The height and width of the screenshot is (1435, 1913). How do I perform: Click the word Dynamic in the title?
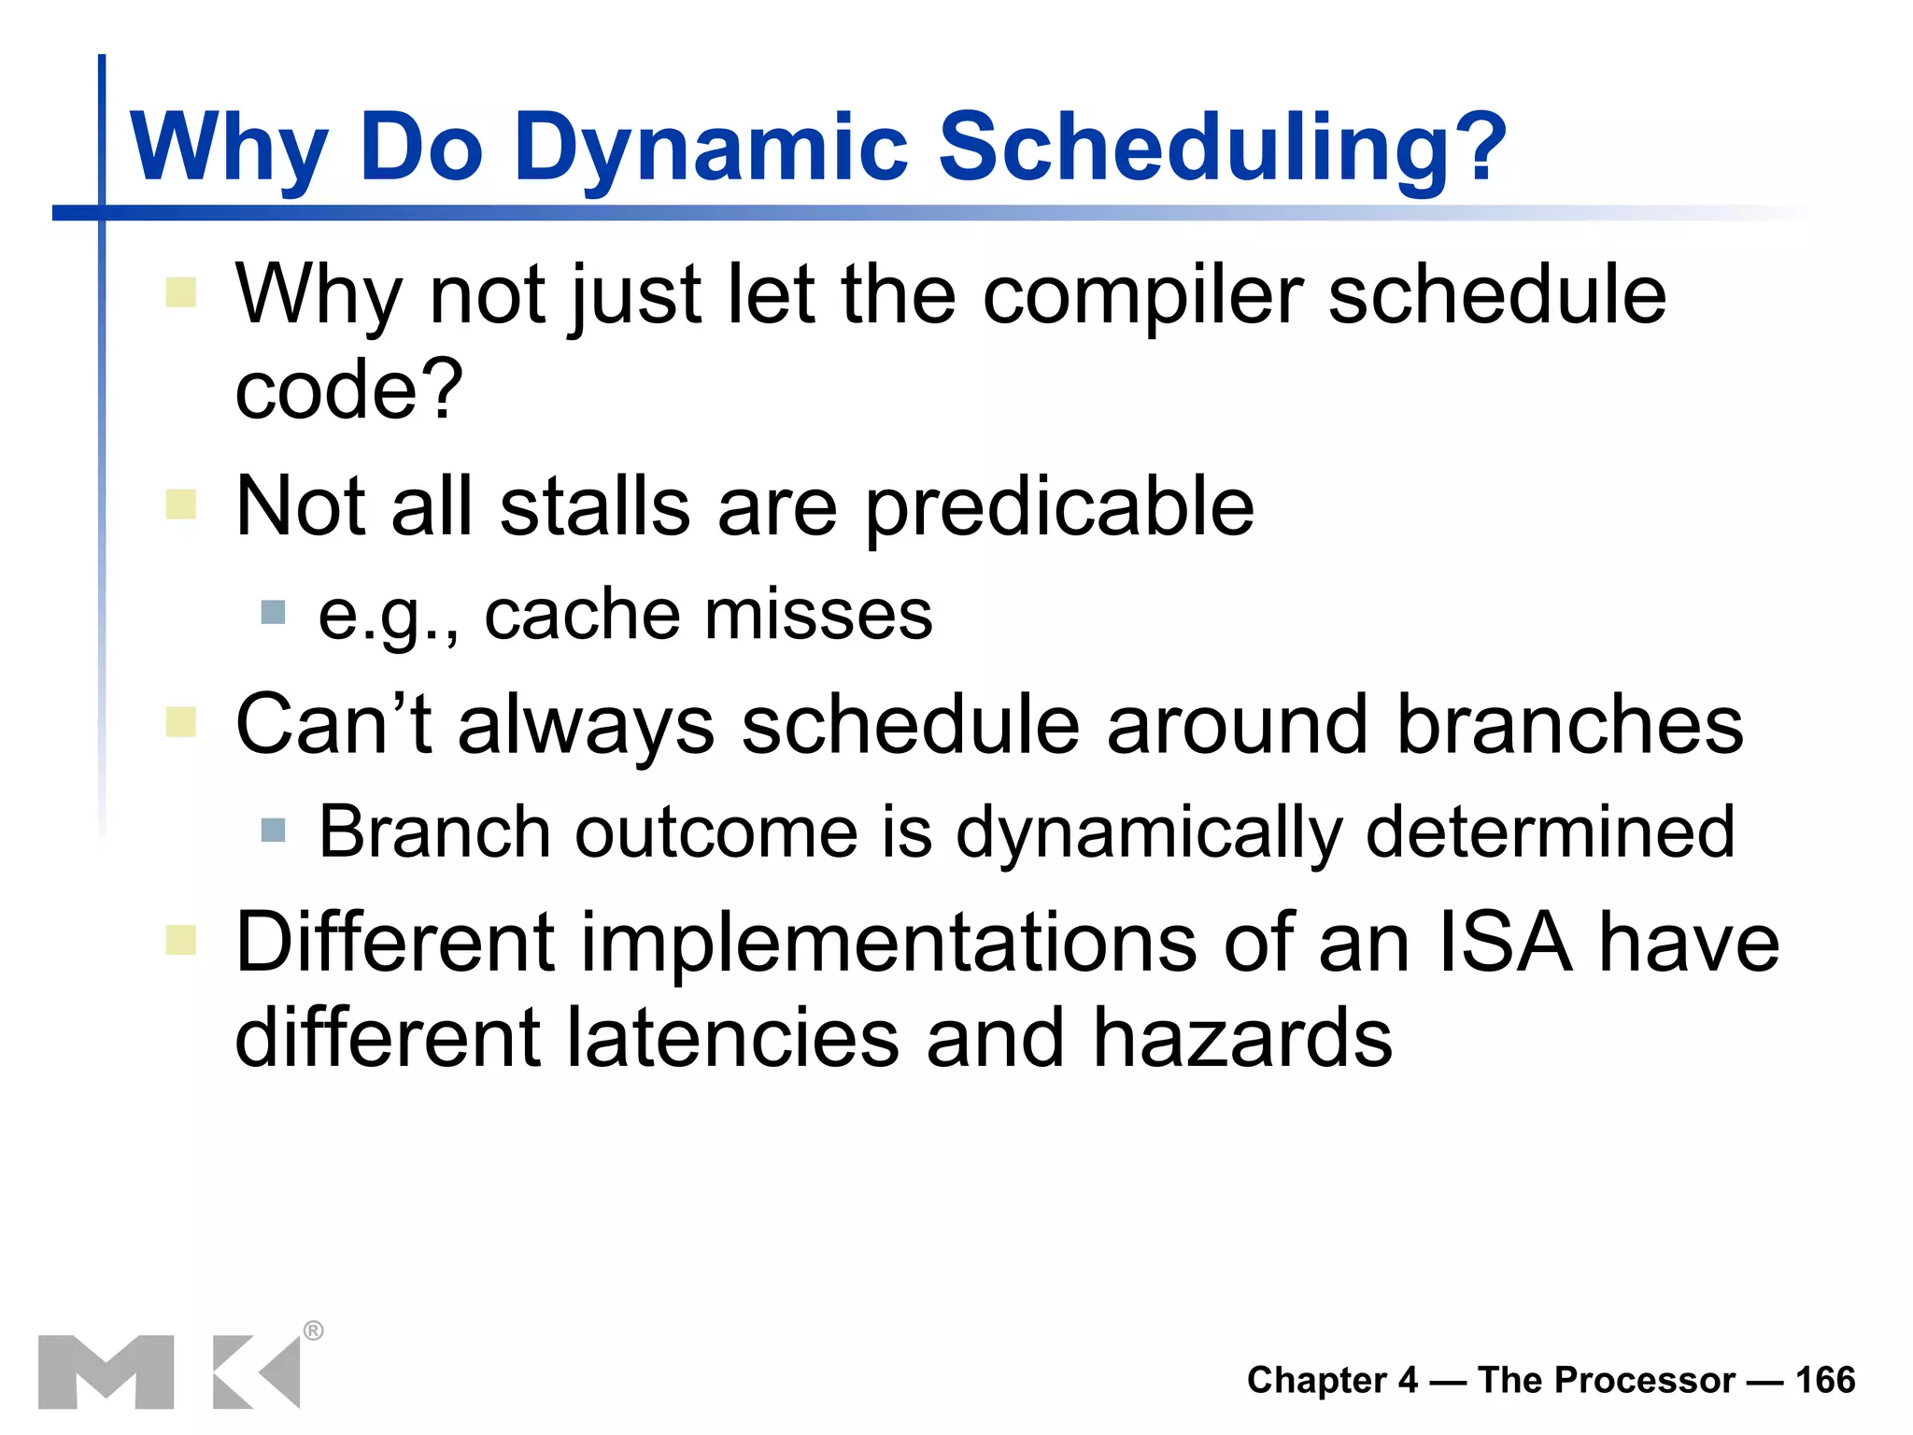point(710,147)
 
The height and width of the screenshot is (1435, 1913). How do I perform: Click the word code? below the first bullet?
point(348,390)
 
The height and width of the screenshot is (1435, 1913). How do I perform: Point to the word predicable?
point(1059,507)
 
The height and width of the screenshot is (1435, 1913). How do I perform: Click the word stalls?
point(595,507)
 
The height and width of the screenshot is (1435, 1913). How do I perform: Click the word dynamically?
point(1148,832)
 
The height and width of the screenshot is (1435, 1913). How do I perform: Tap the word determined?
point(1550,831)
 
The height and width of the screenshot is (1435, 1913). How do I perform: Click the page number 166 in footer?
point(1825,1380)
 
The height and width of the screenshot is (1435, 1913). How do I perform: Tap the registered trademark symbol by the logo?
point(314,1330)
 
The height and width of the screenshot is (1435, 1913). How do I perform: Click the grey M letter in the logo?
point(106,1371)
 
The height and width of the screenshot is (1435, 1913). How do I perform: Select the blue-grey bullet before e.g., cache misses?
point(273,613)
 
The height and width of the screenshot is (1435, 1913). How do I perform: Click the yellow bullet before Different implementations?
point(181,940)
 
